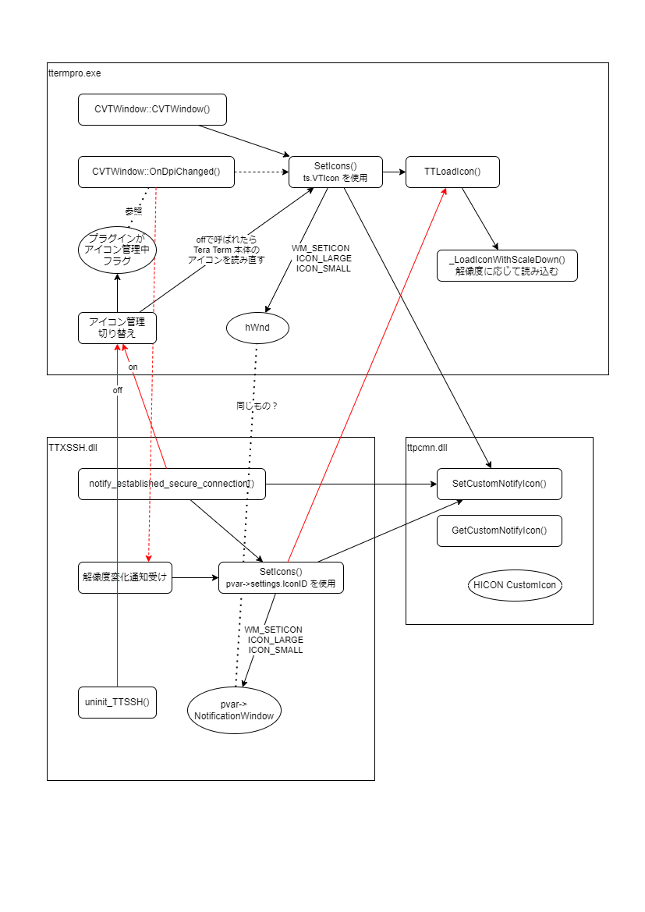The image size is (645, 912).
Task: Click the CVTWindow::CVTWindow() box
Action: [152, 109]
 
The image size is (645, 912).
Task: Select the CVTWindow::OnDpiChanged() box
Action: [156, 172]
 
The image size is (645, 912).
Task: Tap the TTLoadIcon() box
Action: [452, 172]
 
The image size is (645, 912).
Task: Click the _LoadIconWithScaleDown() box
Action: [507, 265]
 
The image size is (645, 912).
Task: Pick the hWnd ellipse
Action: [257, 328]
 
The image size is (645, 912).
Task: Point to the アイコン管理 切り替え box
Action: [117, 328]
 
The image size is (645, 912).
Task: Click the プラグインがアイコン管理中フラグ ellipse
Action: [117, 250]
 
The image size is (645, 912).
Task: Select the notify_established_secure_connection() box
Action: [172, 484]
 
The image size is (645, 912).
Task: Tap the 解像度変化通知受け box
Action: [125, 577]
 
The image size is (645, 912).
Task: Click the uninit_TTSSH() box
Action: [117, 702]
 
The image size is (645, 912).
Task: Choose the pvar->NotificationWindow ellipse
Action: [234, 709]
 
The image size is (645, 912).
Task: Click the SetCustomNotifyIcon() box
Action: [499, 484]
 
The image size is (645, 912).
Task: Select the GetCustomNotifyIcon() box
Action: [499, 531]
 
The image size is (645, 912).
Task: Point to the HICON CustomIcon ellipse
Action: [515, 585]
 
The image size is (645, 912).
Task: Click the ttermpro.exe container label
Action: [75, 73]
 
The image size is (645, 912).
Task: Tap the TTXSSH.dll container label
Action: [73, 447]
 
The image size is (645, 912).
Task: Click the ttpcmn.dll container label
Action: [427, 447]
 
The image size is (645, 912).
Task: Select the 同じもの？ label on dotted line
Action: [257, 406]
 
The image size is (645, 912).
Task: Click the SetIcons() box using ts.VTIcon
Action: [335, 172]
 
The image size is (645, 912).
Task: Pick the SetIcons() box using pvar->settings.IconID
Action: [281, 577]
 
